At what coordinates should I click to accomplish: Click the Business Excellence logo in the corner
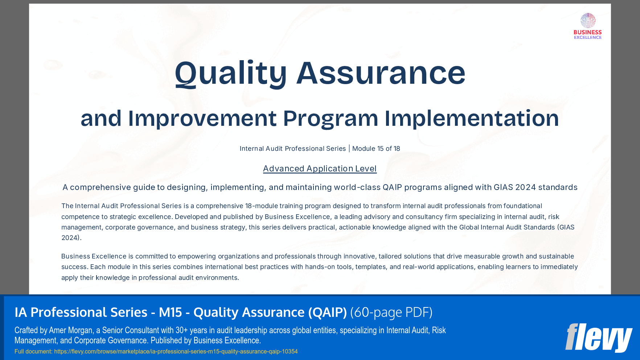point(587,26)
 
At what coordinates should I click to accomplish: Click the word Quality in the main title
point(231,74)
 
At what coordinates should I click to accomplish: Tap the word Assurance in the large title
point(381,74)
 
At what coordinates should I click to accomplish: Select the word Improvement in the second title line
point(202,119)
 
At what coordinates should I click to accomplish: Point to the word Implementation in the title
point(471,119)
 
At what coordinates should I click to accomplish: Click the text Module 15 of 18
point(376,149)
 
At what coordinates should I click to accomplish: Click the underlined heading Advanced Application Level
point(320,169)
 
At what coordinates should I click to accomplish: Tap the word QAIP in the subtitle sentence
point(392,187)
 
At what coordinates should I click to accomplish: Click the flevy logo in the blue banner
point(598,338)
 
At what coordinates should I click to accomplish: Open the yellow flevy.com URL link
point(176,352)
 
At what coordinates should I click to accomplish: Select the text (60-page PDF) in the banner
point(391,312)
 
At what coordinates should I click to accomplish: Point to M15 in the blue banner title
point(170,312)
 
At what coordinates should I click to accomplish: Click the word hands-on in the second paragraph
point(320,267)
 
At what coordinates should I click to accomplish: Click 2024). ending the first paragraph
point(71,238)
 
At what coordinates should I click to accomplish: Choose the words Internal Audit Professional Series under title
point(292,149)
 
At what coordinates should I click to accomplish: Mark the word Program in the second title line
point(330,119)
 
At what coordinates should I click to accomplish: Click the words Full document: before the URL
point(33,352)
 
